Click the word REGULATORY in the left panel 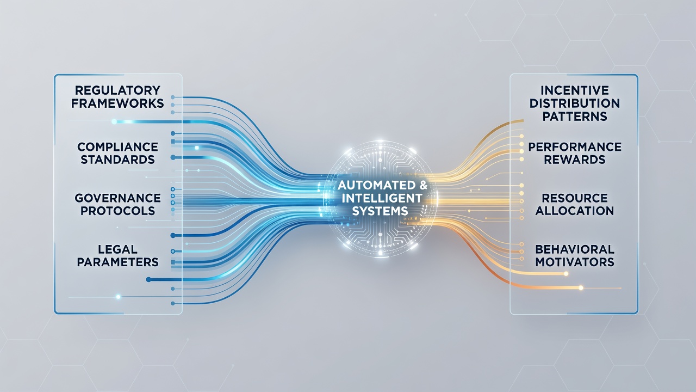click(x=117, y=90)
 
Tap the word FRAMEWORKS click(x=117, y=103)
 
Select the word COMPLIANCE click(x=118, y=146)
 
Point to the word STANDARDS click(x=118, y=160)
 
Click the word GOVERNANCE click(x=118, y=198)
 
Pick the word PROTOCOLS click(x=118, y=211)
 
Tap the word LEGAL click(x=118, y=249)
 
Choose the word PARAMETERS click(x=118, y=262)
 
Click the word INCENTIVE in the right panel click(x=575, y=90)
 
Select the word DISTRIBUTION click(x=575, y=103)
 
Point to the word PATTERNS click(x=575, y=117)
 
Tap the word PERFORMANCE click(x=575, y=146)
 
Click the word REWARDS click(x=575, y=160)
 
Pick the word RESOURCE click(x=575, y=198)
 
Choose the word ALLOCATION click(x=575, y=211)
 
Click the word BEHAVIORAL click(x=575, y=249)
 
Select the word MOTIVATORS click(x=575, y=262)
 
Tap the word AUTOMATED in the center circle click(x=376, y=185)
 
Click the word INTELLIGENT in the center click(x=382, y=198)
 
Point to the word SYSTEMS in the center click(x=380, y=211)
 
